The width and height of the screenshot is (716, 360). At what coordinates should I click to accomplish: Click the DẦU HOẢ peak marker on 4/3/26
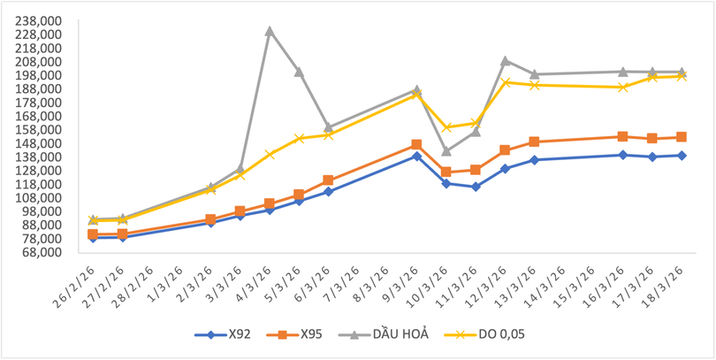point(270,31)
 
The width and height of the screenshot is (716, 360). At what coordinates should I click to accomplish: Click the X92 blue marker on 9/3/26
point(416,156)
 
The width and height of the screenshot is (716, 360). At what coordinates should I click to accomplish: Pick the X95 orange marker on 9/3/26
point(416,144)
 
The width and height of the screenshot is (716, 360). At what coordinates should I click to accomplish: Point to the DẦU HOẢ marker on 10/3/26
point(446,151)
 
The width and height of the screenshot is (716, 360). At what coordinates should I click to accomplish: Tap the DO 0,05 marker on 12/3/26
point(506,82)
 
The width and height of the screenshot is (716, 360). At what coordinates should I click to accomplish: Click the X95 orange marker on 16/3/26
point(623,136)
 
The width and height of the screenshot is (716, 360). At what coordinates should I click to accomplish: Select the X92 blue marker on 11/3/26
point(476,187)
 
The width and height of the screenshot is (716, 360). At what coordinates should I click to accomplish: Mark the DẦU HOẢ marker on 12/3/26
point(505,61)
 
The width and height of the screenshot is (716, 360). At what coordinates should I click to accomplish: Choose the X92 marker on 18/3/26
point(682,155)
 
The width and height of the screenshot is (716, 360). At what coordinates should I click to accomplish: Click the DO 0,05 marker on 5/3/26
point(299,139)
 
